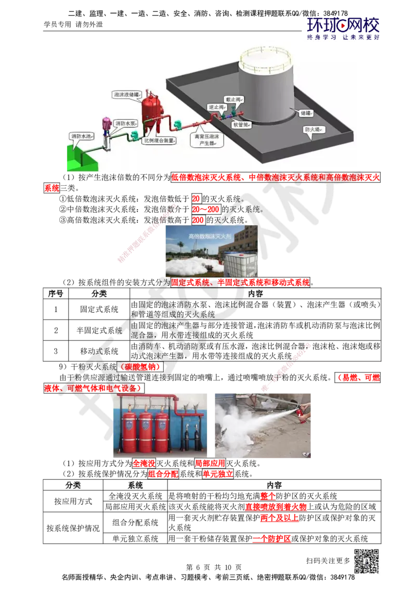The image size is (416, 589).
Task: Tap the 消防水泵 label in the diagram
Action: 126,123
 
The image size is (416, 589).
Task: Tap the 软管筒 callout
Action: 242,125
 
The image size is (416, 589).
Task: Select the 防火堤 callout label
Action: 313,129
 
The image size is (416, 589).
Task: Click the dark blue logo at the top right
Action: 343,28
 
